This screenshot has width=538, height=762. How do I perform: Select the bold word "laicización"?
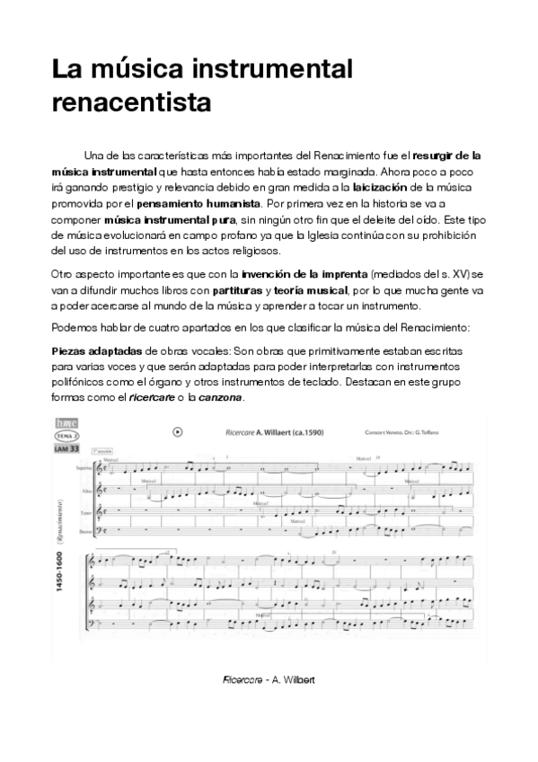point(381,187)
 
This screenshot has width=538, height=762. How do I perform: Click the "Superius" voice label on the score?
point(84,468)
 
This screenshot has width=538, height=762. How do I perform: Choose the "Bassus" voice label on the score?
point(84,532)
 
